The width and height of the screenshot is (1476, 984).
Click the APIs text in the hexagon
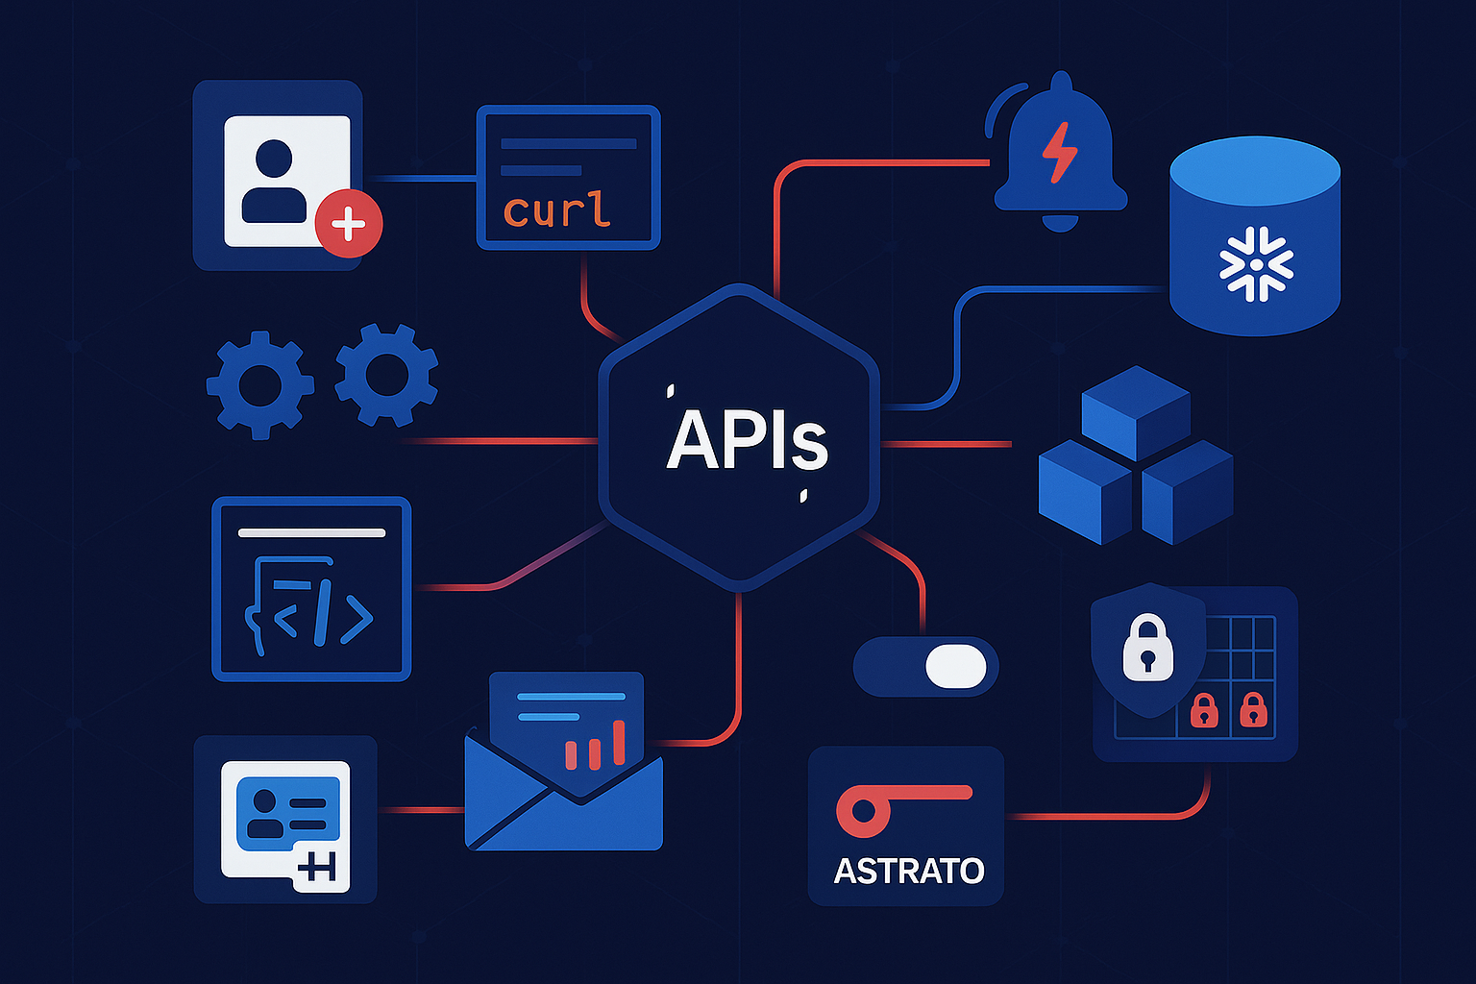pos(747,441)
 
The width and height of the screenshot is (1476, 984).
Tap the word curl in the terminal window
pos(556,209)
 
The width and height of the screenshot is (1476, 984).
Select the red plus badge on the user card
pos(348,224)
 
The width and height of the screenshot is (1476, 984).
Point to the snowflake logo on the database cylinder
pos(1255,263)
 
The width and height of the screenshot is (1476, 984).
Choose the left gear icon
pos(259,384)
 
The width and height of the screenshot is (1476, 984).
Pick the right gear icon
pos(386,375)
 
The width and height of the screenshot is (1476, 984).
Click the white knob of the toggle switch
pos(956,666)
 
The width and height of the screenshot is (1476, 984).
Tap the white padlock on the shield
pos(1147,649)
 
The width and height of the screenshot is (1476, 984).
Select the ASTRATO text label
pos(908,871)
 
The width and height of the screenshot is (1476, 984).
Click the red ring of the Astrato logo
pos(862,811)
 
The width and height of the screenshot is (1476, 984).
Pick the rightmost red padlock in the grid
pos(1252,710)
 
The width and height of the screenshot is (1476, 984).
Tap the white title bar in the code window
pos(311,532)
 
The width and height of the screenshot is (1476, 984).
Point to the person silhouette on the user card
pos(274,183)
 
